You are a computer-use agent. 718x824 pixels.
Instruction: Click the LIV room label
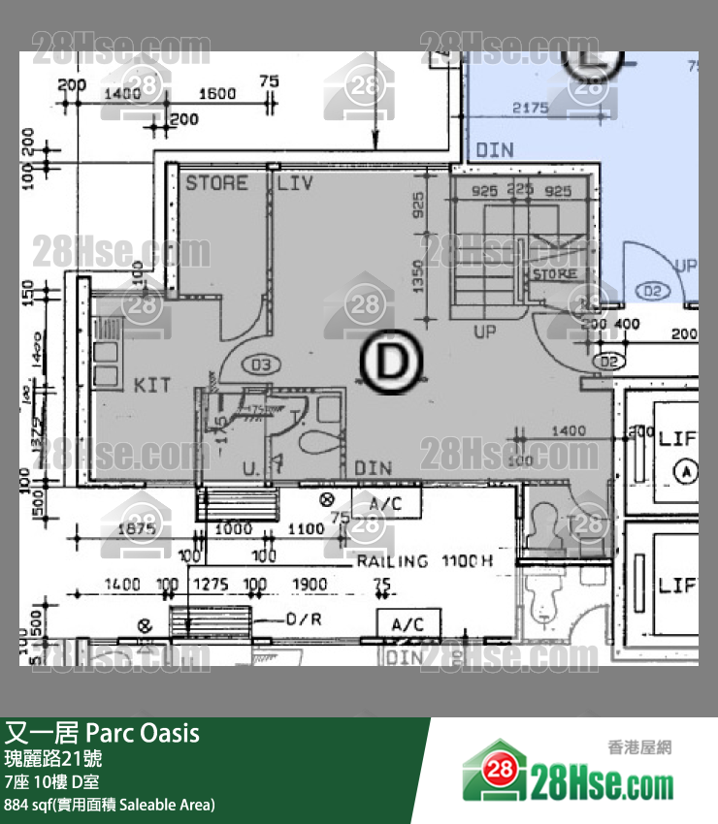295,182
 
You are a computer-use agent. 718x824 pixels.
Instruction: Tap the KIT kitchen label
152,385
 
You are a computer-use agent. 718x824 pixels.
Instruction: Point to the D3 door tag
259,365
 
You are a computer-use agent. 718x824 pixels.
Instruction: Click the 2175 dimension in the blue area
531,108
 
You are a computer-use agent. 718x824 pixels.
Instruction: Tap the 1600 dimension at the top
217,93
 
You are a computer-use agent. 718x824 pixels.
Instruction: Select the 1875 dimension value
137,528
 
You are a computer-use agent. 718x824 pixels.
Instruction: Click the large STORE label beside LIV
216,182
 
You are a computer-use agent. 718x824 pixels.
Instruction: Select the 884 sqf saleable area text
110,805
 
